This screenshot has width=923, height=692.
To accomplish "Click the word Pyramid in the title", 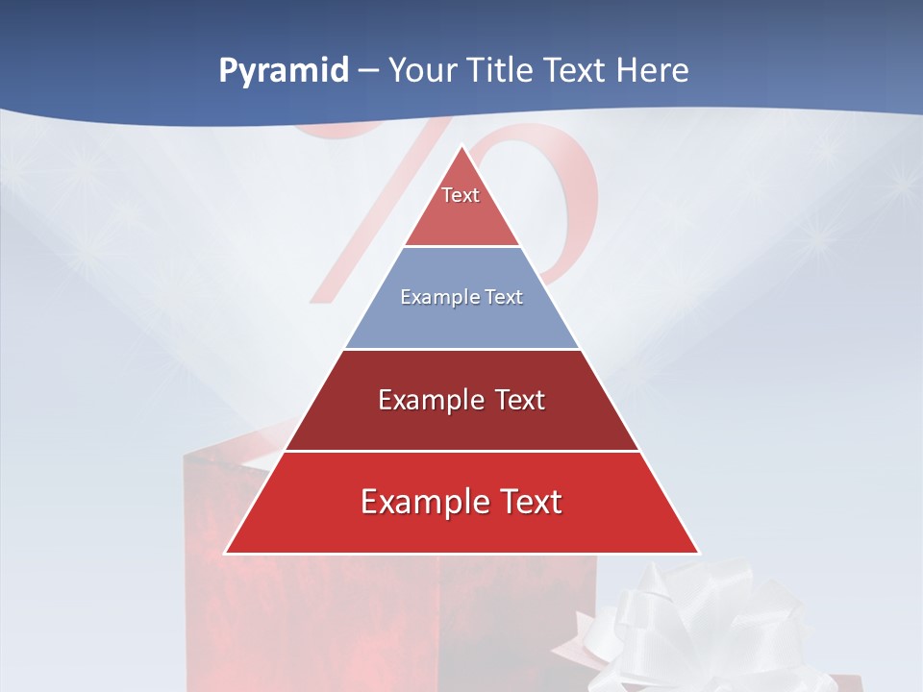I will coord(283,71).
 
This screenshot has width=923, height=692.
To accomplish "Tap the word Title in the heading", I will coord(503,71).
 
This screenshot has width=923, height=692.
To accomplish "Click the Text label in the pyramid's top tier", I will coord(461,195).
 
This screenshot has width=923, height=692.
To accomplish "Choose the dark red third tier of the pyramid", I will coord(461,423).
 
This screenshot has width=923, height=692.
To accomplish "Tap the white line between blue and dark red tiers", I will coord(461,349).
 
